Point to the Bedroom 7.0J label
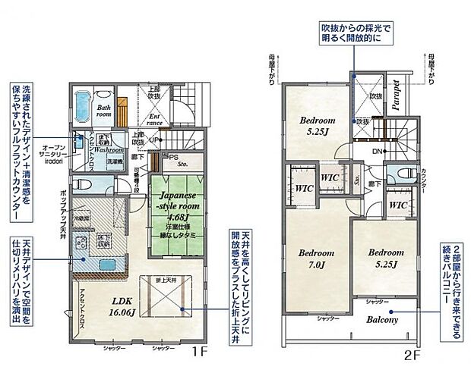point(316,259)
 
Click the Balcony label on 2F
point(384,320)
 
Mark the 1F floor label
point(198,353)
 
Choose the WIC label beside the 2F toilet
point(398,205)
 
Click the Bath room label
point(104,112)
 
